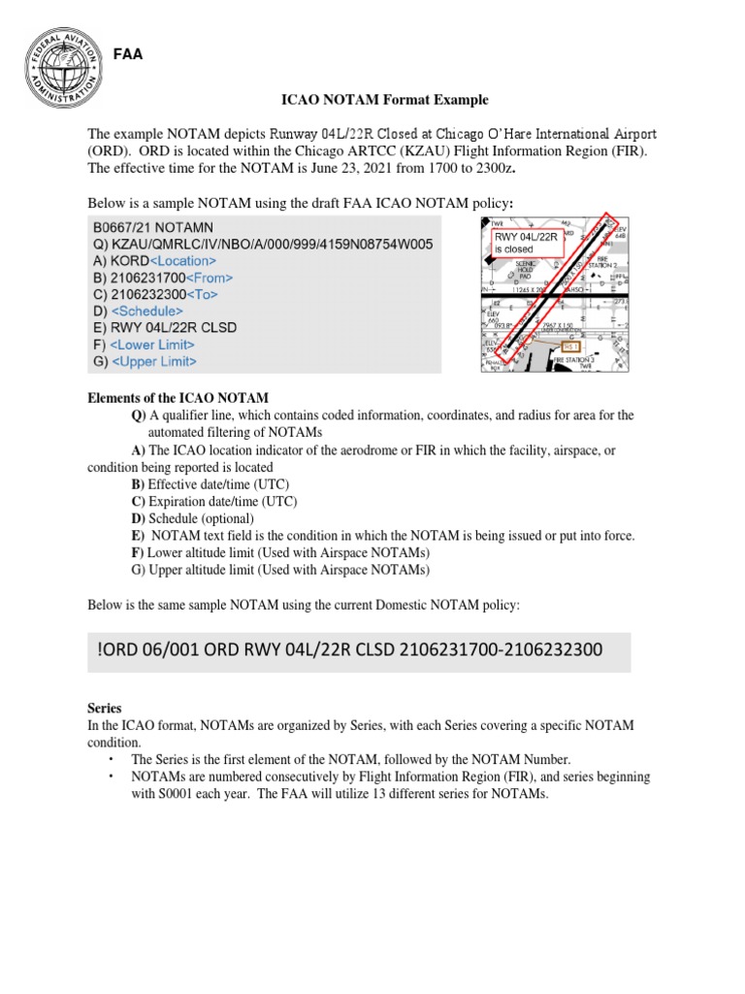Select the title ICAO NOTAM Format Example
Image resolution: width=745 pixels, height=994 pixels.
click(x=372, y=100)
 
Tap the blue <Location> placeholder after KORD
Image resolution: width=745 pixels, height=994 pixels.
click(x=184, y=261)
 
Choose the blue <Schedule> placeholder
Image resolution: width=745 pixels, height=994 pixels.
click(x=147, y=311)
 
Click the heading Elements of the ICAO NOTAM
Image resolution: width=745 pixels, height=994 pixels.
click(x=178, y=398)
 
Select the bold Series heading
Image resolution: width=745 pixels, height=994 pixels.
click(x=105, y=710)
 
